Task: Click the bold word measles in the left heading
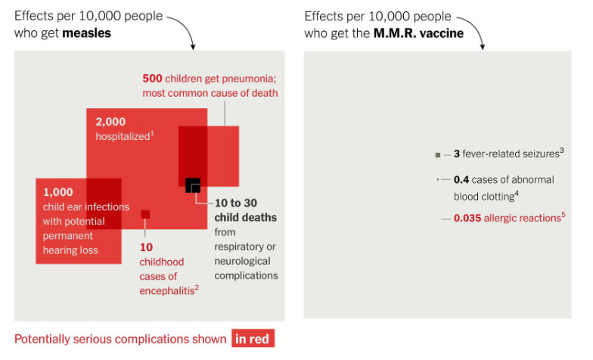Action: [x=88, y=33]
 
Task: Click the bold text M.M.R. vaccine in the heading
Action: [x=418, y=33]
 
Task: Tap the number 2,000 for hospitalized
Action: [x=110, y=121]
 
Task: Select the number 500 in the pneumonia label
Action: [x=154, y=78]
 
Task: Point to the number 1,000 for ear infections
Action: [x=58, y=192]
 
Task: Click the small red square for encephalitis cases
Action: [x=145, y=214]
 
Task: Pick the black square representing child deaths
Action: [x=192, y=185]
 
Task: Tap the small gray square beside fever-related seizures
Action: [x=438, y=155]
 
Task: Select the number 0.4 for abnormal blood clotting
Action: [x=461, y=180]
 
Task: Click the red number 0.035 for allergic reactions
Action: [x=470, y=219]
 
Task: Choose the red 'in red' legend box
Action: [x=252, y=339]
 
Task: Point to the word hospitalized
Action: [x=121, y=136]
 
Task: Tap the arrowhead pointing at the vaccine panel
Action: [x=481, y=47]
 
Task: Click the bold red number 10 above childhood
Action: [x=146, y=247]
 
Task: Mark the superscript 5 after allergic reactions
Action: [x=564, y=216]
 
